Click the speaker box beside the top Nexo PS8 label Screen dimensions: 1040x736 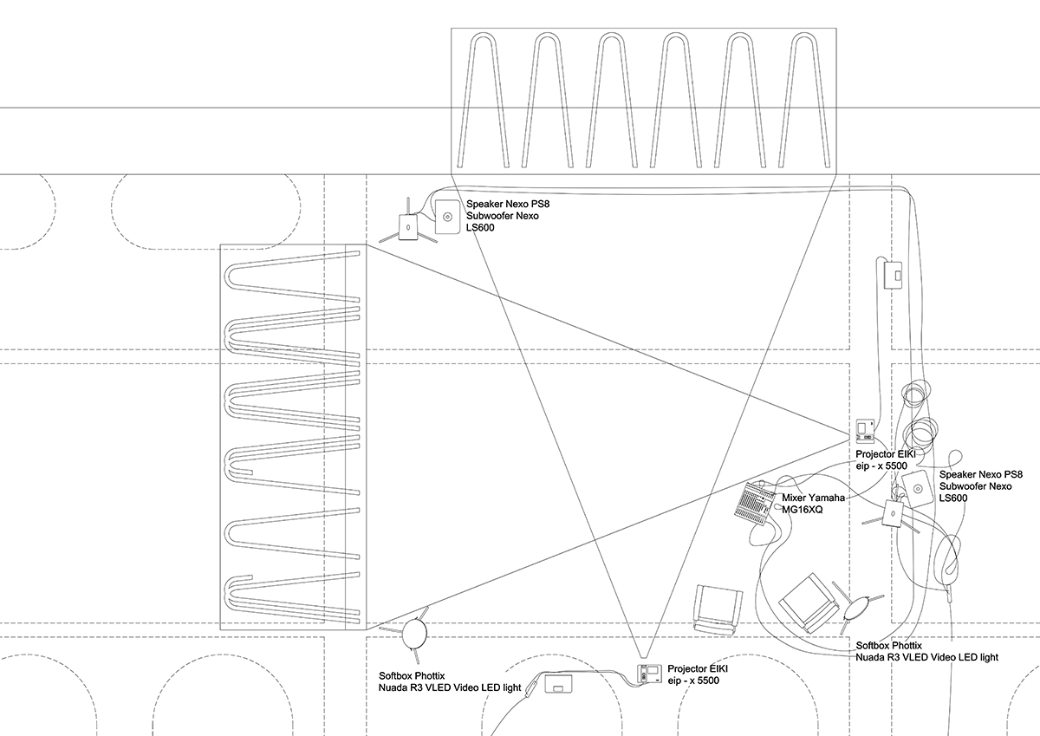click(x=446, y=217)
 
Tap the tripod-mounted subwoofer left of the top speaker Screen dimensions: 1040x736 click(x=407, y=226)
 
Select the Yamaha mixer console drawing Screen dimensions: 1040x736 click(x=755, y=504)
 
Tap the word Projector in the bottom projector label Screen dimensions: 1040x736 click(x=686, y=668)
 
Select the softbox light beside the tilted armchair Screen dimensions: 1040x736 click(x=858, y=608)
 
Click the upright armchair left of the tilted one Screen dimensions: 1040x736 click(x=717, y=609)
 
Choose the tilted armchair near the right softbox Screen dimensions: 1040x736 click(x=809, y=602)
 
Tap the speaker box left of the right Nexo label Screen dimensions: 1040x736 click(x=917, y=489)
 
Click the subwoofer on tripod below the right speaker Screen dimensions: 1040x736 click(x=892, y=513)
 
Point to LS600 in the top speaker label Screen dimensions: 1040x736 click(x=480, y=227)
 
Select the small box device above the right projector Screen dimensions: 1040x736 click(x=893, y=275)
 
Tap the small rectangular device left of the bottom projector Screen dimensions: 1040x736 click(x=558, y=683)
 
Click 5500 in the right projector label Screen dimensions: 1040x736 click(x=894, y=466)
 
